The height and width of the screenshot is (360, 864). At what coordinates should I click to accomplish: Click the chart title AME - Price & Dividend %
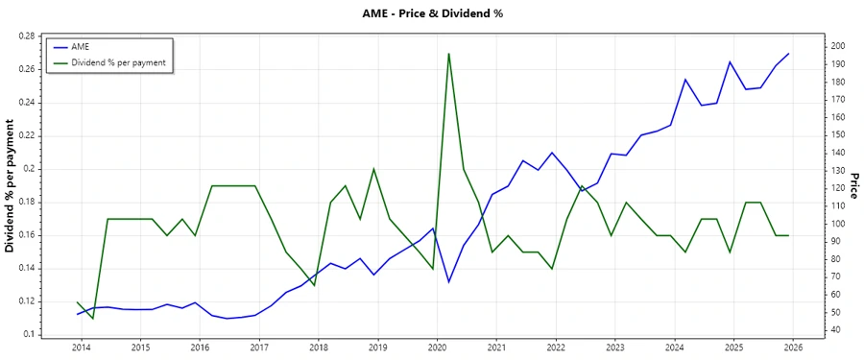pos(432,13)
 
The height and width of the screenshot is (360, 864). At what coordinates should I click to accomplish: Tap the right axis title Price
pos(853,185)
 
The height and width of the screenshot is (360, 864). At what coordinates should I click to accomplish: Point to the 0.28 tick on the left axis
pos(26,36)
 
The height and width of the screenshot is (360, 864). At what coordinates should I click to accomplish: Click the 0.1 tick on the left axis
pos(29,334)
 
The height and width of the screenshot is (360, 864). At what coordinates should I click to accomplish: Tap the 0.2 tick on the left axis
pos(29,169)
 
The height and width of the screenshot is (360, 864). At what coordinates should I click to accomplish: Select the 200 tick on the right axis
pos(839,46)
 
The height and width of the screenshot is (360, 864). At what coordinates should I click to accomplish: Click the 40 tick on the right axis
pos(836,330)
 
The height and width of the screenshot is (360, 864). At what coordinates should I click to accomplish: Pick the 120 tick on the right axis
pos(839,188)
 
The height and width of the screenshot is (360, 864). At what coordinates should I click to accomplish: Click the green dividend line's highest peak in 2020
pos(449,54)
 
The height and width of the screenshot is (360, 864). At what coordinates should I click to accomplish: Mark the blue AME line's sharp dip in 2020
pos(449,281)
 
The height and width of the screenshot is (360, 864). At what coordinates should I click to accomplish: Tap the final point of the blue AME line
pos(788,54)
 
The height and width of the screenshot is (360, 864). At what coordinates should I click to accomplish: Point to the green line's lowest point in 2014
pos(92,318)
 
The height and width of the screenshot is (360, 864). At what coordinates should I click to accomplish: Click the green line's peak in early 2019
pos(373,169)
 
